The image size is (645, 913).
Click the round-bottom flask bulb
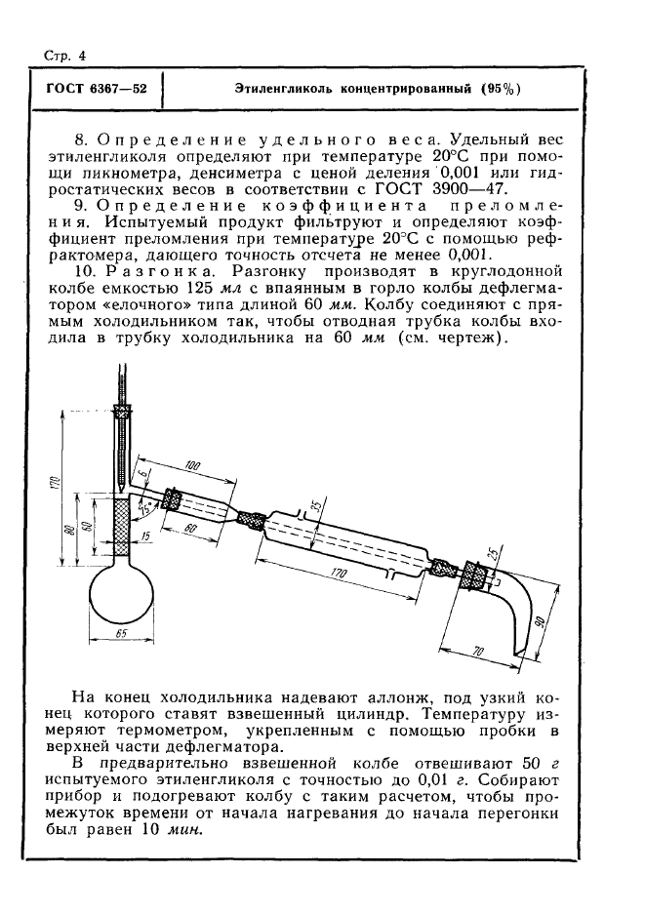pos(121,594)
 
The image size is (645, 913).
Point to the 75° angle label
pos(145,507)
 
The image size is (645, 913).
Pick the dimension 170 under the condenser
pos(341,576)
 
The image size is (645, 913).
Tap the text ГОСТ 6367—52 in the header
pos(90,89)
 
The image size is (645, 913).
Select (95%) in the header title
pos(501,89)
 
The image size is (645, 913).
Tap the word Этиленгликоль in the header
pos(283,89)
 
